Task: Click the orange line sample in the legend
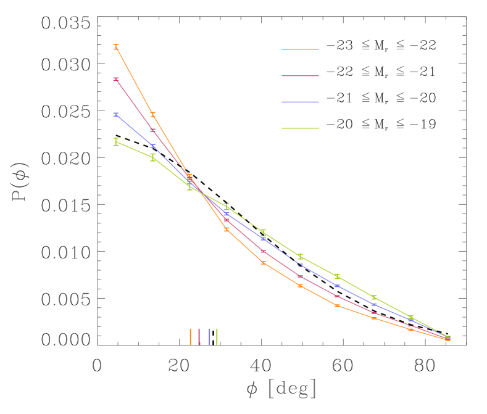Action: (x=300, y=49)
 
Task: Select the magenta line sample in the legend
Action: (x=300, y=76)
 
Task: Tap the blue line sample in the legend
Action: (x=300, y=102)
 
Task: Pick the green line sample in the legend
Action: (x=300, y=128)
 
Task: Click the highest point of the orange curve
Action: (x=116, y=47)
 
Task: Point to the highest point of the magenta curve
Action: (x=116, y=80)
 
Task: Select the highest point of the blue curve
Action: (x=116, y=115)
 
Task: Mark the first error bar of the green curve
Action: (x=116, y=142)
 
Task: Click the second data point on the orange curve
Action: (x=153, y=115)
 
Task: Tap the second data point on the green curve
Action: (x=153, y=157)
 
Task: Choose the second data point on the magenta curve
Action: (x=153, y=131)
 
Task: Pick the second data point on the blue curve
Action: (x=153, y=146)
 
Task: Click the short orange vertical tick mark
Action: (x=190, y=336)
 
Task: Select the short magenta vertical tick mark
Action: (x=199, y=336)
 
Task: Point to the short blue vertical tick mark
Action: (x=210, y=336)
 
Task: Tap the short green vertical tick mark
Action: (x=217, y=336)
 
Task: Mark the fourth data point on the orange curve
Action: (x=227, y=230)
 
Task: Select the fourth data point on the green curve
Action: (x=227, y=205)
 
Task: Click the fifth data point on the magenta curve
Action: (x=263, y=252)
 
